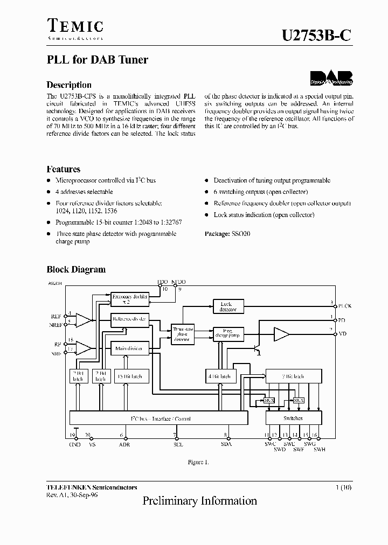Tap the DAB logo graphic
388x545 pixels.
tap(331, 79)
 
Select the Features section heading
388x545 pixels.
tap(64, 169)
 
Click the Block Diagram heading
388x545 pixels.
tap(76, 270)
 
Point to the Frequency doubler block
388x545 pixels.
tap(129, 298)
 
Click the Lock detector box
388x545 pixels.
tap(228, 306)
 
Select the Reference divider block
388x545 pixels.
tap(129, 319)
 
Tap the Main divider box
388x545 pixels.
tap(129, 349)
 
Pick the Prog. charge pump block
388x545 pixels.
tap(228, 334)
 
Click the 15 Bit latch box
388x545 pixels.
tap(129, 376)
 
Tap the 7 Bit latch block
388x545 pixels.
tap(293, 376)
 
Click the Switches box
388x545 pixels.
tap(293, 418)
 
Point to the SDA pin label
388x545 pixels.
tap(226, 444)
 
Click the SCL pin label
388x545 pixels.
tap(175, 444)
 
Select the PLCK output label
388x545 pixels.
tap(344, 306)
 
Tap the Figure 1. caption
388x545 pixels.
tap(198, 462)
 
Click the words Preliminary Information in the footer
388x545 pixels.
tap(199, 501)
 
